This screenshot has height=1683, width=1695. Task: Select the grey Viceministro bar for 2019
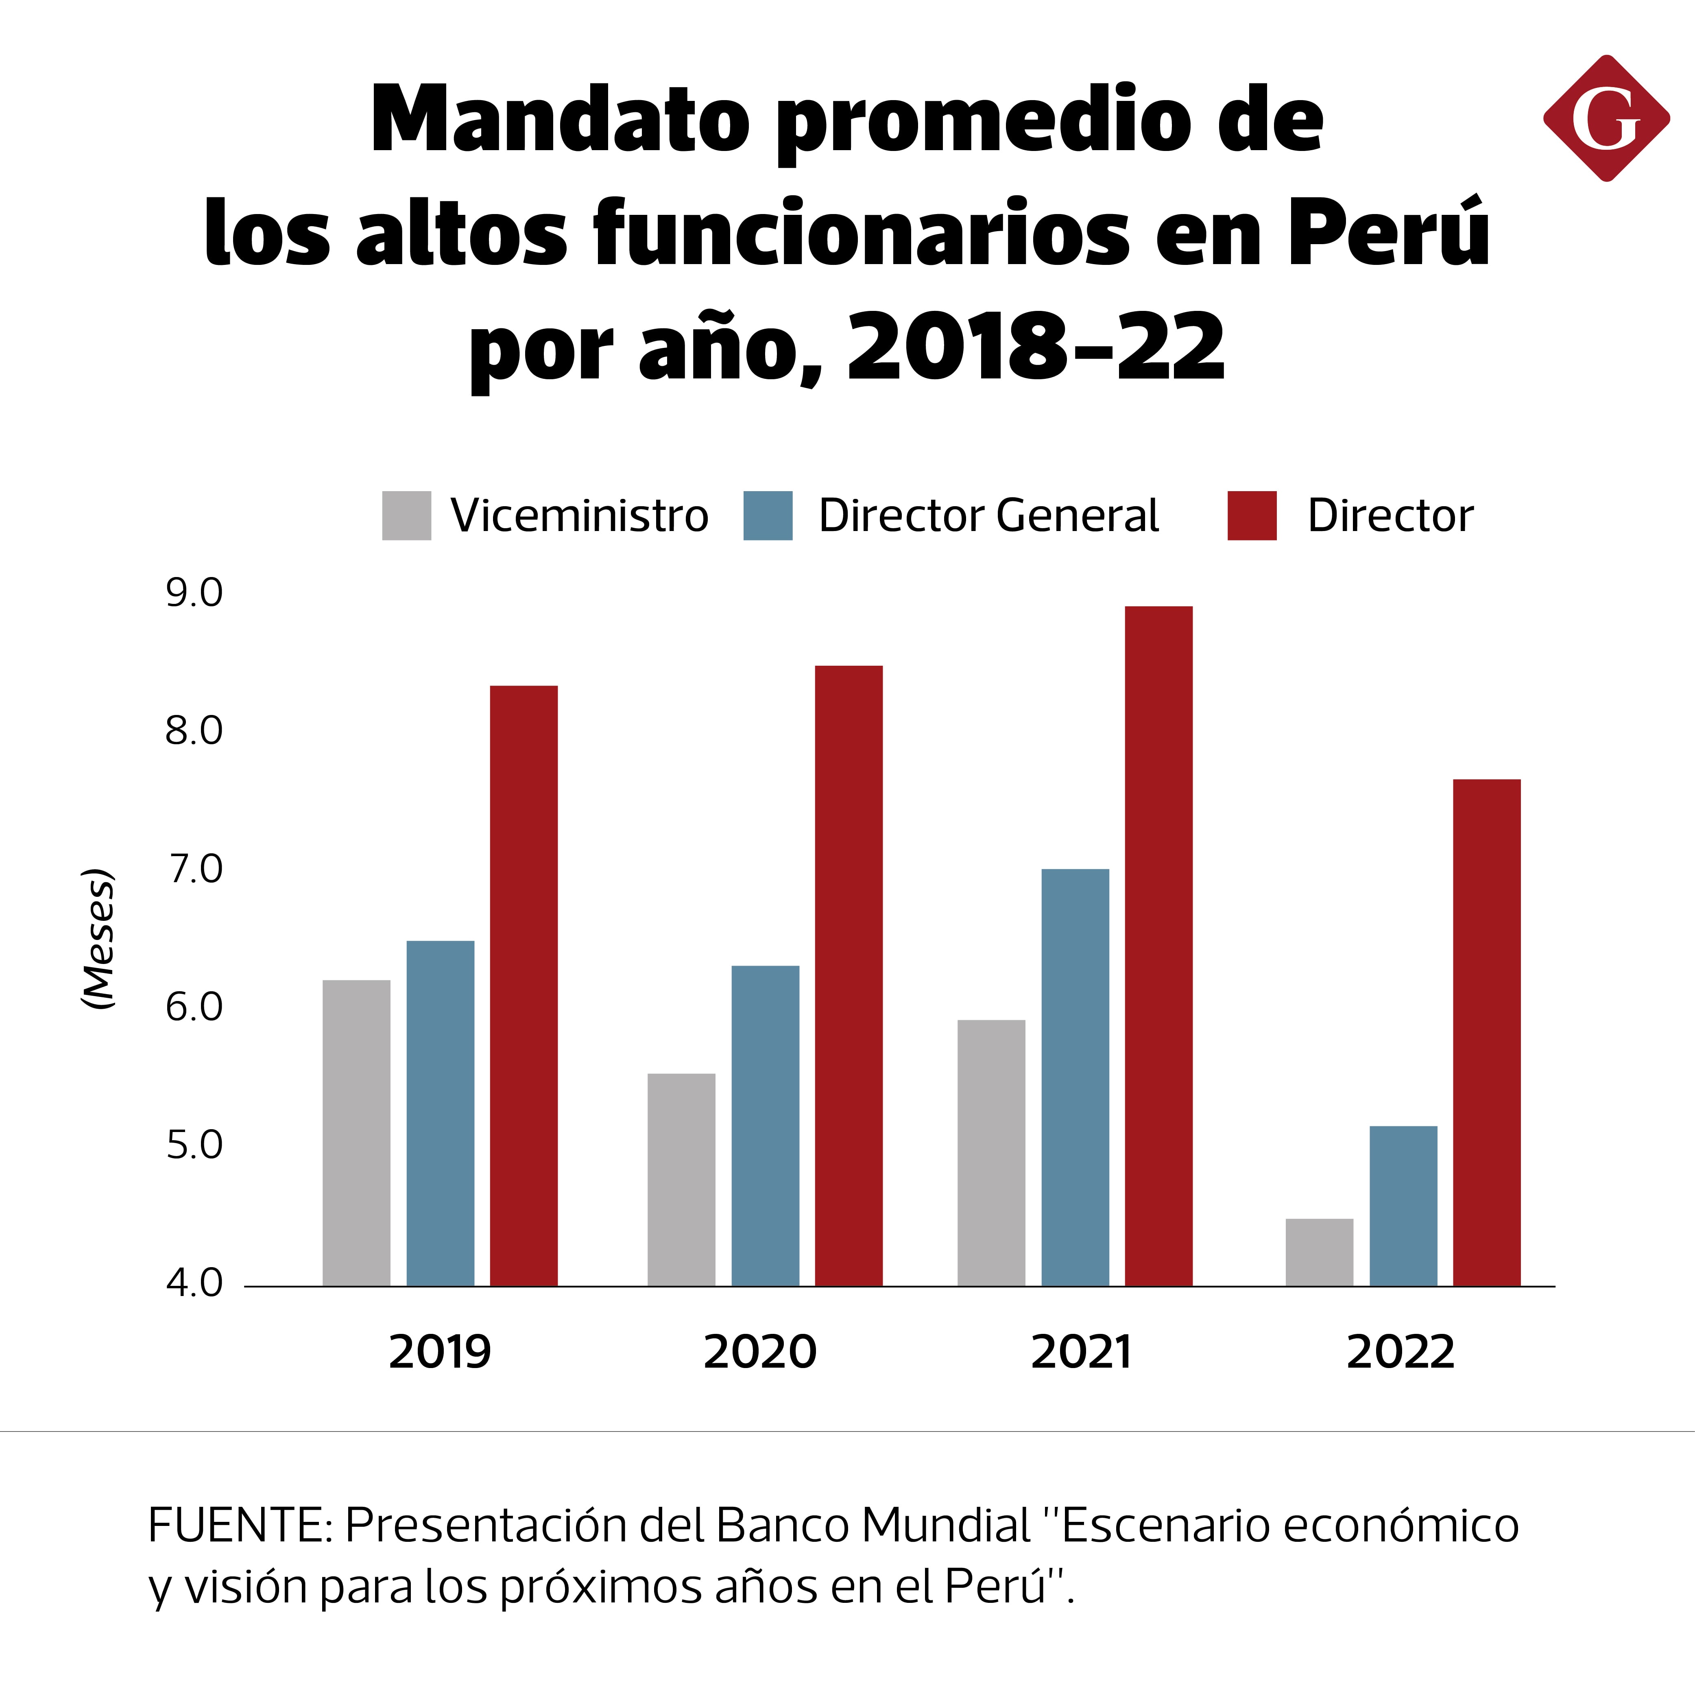pyautogui.click(x=356, y=1132)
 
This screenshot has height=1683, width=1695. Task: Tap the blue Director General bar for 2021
pyautogui.click(x=1075, y=1078)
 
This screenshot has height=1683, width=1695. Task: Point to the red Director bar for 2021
pyautogui.click(x=1158, y=946)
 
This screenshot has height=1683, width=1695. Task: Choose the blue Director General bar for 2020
pyautogui.click(x=765, y=1126)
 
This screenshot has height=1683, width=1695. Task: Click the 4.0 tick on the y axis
pyautogui.click(x=194, y=1284)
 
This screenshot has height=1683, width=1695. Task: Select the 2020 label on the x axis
pyautogui.click(x=760, y=1351)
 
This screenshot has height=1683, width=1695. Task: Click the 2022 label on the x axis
pyautogui.click(x=1400, y=1351)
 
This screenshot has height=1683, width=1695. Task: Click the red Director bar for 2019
pyautogui.click(x=524, y=986)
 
